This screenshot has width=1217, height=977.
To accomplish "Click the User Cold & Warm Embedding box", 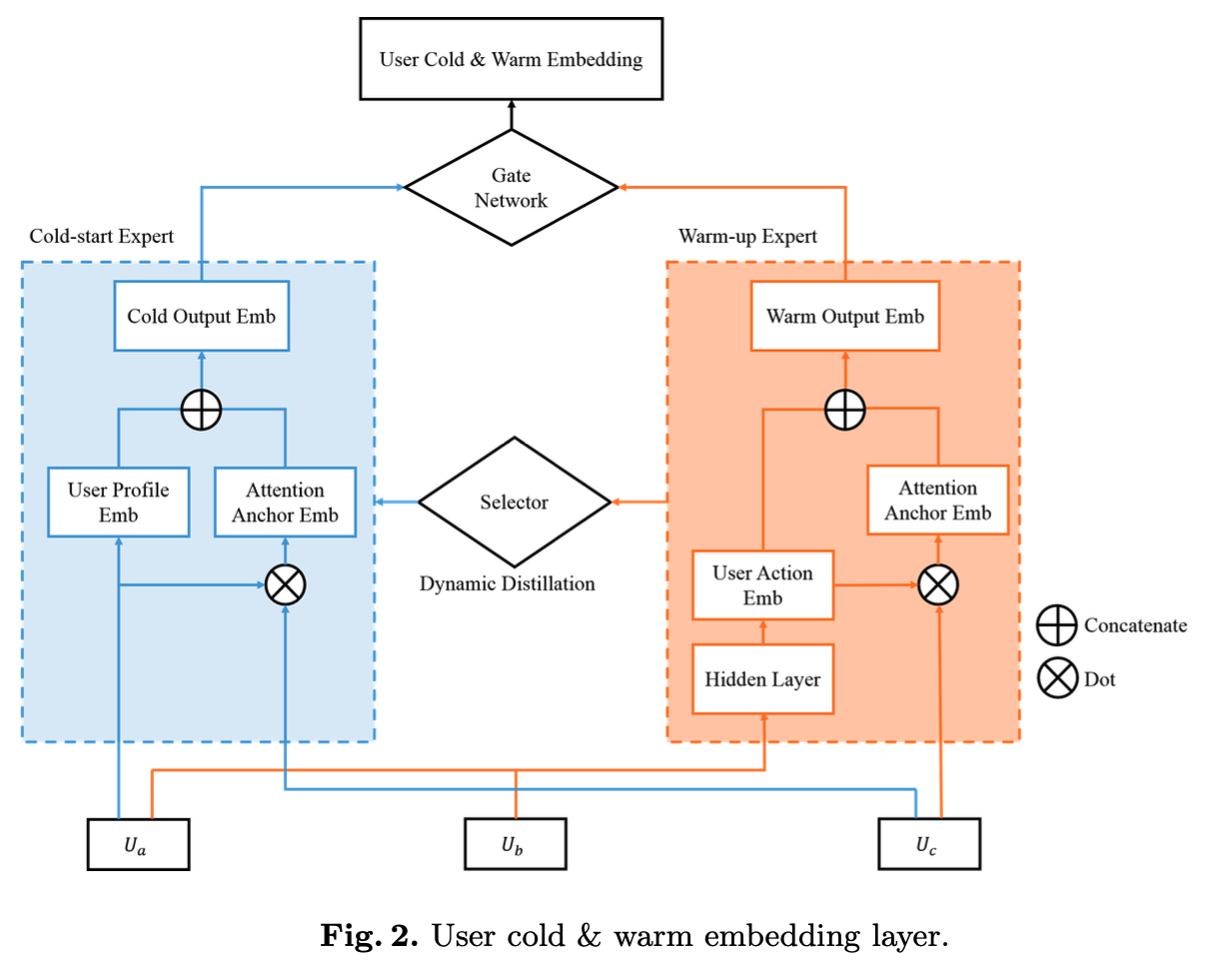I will (x=511, y=59).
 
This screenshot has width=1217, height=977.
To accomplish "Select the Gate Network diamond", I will (x=511, y=188).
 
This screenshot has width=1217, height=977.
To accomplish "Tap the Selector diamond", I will (x=514, y=502).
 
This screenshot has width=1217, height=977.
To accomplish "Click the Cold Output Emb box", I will (x=201, y=317).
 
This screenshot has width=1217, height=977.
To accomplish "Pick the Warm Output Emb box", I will (x=844, y=317).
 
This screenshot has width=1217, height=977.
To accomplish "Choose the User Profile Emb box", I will (x=118, y=502).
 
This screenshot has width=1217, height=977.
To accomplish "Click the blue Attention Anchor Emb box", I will (x=285, y=502).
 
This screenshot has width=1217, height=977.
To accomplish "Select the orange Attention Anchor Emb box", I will (x=937, y=499).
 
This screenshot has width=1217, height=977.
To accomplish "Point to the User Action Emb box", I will (x=762, y=585).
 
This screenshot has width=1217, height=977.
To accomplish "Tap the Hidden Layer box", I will (x=762, y=679).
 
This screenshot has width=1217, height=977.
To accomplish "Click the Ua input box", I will (x=139, y=844).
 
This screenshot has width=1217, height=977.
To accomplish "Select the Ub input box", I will (x=516, y=844).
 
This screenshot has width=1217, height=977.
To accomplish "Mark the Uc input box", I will (x=928, y=844).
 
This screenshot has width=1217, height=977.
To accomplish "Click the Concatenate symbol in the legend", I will (x=1055, y=625).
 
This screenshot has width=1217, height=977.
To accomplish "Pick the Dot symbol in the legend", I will (x=1055, y=679).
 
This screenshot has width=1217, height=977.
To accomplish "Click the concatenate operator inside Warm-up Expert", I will (x=845, y=409).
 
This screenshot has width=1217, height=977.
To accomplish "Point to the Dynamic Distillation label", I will (x=508, y=583).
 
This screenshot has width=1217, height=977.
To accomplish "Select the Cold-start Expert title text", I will (x=102, y=237).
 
